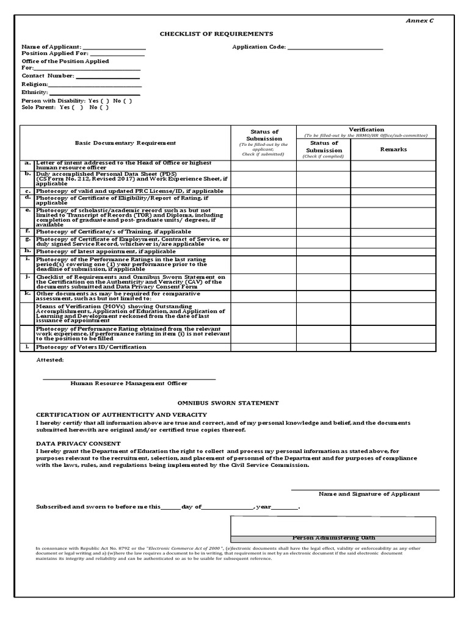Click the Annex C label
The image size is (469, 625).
click(x=420, y=21)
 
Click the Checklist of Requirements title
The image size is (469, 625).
click(x=217, y=34)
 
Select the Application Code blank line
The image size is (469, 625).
click(x=335, y=47)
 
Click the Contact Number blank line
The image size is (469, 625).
click(x=107, y=76)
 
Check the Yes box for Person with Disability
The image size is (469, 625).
click(x=105, y=101)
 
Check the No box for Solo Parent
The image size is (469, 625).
click(x=104, y=107)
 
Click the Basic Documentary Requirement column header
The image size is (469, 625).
click(x=125, y=143)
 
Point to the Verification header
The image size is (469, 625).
click(x=366, y=129)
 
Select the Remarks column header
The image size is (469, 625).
click(x=393, y=149)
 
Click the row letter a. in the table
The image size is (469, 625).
click(x=27, y=163)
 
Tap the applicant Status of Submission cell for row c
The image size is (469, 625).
click(x=263, y=191)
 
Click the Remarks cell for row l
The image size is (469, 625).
click(x=393, y=347)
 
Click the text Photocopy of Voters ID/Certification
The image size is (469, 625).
click(x=91, y=347)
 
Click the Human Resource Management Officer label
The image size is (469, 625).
click(x=129, y=383)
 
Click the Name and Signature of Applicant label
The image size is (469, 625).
click(x=369, y=494)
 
